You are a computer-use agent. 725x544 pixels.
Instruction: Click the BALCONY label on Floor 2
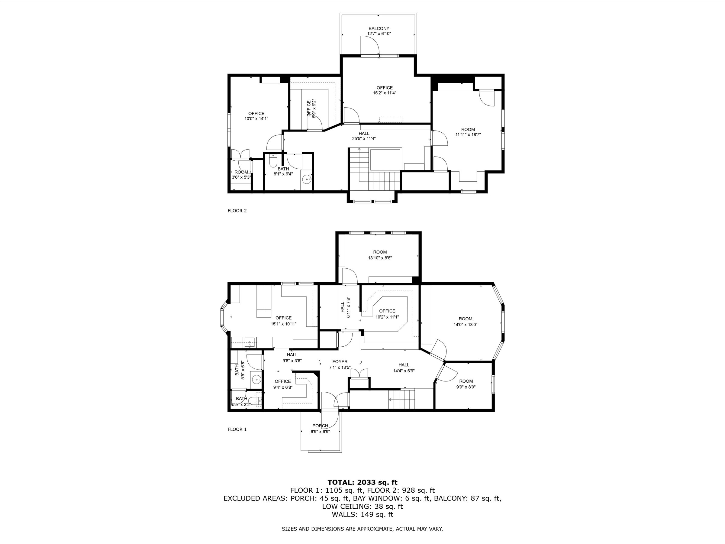click(379, 28)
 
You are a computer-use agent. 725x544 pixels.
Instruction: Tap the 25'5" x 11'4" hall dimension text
click(364, 139)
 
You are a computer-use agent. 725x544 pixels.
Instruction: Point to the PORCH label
click(320, 426)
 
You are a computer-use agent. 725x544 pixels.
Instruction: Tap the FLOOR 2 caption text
click(237, 211)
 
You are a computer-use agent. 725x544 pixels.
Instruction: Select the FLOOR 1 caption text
click(237, 429)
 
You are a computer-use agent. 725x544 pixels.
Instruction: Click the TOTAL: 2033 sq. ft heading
click(362, 482)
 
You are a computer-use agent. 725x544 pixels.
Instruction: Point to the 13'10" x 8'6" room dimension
click(380, 258)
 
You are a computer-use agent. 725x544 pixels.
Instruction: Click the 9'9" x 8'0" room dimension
click(466, 387)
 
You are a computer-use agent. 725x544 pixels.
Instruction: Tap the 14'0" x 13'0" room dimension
click(466, 325)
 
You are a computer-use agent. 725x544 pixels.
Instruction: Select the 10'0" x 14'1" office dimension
click(256, 119)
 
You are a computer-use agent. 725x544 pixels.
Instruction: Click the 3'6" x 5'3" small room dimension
click(241, 177)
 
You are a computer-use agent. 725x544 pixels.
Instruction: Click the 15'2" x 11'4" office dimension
click(385, 93)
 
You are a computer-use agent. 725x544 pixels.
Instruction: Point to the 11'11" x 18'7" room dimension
click(468, 134)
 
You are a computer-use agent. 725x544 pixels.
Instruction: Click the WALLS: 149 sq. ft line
click(362, 514)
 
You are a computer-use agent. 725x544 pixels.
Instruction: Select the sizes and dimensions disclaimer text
click(362, 529)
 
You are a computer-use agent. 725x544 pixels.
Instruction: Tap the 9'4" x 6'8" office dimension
click(282, 387)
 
